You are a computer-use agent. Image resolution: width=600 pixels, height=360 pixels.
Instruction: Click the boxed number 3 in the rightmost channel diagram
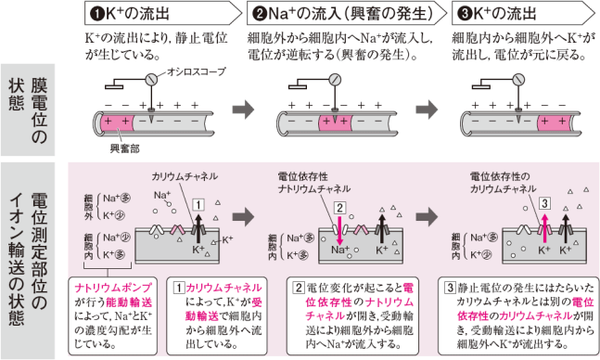(x=545, y=203)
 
